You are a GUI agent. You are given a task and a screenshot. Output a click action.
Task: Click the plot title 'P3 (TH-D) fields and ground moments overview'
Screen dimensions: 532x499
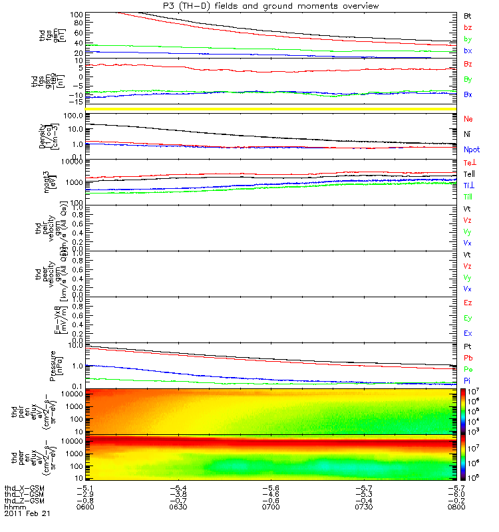coord(266,6)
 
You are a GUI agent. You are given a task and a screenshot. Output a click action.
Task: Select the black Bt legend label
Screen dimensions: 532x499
coord(468,15)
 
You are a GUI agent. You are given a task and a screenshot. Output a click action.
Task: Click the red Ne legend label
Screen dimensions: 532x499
coord(468,118)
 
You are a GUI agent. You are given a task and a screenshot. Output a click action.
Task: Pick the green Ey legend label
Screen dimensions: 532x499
coord(468,317)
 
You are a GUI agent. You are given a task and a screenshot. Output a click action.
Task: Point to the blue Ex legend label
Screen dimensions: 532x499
coord(468,333)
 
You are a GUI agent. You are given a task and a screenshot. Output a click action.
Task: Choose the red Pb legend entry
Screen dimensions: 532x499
coord(468,358)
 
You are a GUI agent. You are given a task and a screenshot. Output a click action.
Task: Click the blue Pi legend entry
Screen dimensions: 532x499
coord(468,380)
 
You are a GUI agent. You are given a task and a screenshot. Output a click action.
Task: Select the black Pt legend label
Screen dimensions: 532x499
coord(468,347)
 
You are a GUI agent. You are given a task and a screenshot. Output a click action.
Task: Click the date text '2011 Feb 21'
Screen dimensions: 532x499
coord(27,513)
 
